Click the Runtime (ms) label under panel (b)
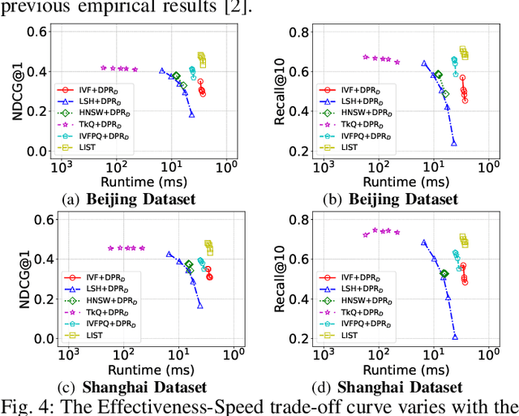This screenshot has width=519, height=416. tap(405, 182)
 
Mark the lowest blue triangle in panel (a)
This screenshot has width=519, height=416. tap(191, 114)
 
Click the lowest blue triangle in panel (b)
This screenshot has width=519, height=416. tap(454, 143)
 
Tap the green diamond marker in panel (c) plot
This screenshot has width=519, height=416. tap(189, 264)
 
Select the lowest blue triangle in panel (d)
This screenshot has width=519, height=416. tap(455, 335)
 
